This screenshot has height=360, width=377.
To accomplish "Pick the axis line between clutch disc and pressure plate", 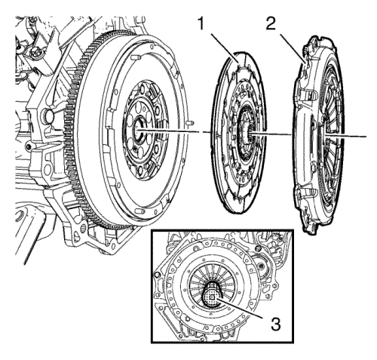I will point(275,135).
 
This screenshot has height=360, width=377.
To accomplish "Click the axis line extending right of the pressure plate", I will point(354,137).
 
